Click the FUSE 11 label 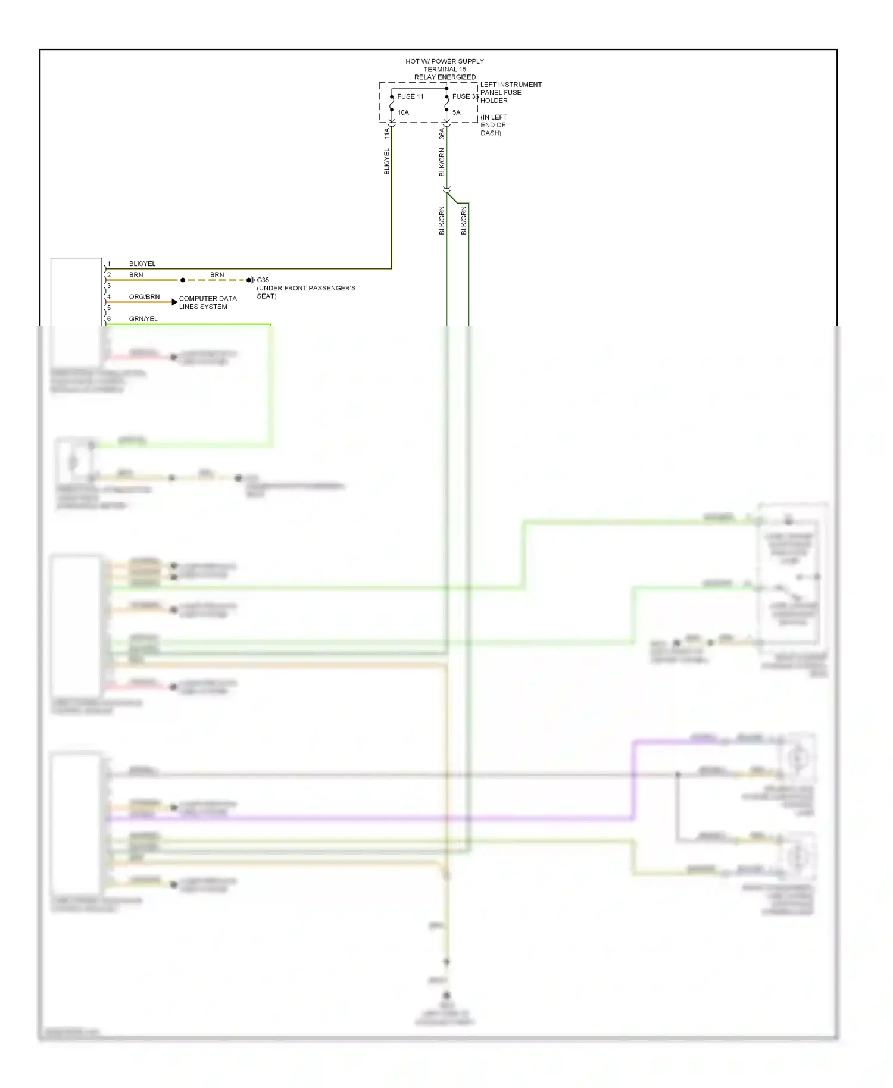click(x=410, y=96)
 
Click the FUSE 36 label click(x=465, y=96)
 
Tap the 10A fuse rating click(x=403, y=112)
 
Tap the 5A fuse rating click(x=456, y=112)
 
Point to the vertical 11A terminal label click(x=386, y=133)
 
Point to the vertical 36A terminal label click(x=442, y=134)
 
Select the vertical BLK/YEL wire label click(x=386, y=162)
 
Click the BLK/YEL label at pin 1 click(x=142, y=264)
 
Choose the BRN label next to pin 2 click(x=136, y=275)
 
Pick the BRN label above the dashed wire click(x=217, y=275)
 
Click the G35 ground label click(x=263, y=280)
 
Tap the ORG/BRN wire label click(x=144, y=297)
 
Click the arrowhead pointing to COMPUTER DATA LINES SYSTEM click(x=174, y=302)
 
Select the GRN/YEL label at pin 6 click(x=143, y=319)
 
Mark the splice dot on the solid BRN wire click(x=183, y=280)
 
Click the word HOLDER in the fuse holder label click(x=494, y=101)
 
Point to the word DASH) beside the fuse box click(x=491, y=133)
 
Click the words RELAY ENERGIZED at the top click(x=445, y=77)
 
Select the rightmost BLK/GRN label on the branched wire click(x=464, y=220)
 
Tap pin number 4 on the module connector click(x=109, y=297)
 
